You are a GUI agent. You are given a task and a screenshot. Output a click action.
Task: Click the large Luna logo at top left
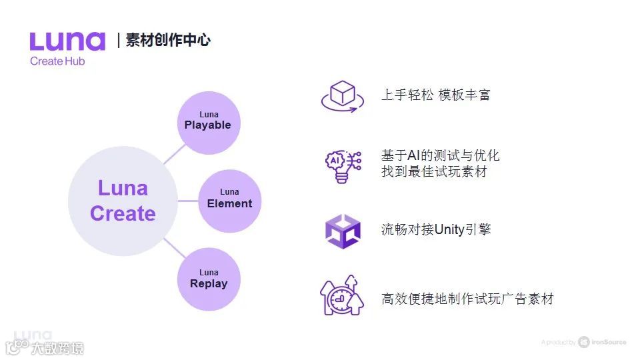67,41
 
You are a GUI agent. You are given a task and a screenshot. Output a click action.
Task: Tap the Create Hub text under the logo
57,61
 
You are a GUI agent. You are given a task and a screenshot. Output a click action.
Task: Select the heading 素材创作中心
168,40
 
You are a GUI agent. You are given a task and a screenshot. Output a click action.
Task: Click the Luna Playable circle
208,121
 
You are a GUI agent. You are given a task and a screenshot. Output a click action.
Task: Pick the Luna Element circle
229,199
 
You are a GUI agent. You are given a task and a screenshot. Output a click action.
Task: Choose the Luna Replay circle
209,279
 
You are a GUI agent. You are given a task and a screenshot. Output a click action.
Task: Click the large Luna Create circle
123,201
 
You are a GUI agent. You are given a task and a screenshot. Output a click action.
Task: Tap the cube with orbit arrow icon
343,96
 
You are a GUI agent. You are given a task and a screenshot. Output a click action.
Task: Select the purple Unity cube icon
343,231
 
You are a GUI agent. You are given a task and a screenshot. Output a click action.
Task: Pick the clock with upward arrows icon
341,296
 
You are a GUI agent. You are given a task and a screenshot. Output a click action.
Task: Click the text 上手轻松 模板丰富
435,95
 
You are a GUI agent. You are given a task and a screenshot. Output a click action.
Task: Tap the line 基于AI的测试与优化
440,156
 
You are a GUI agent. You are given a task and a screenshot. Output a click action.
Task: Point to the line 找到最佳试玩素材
434,172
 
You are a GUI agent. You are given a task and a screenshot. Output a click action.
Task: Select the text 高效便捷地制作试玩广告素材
467,299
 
